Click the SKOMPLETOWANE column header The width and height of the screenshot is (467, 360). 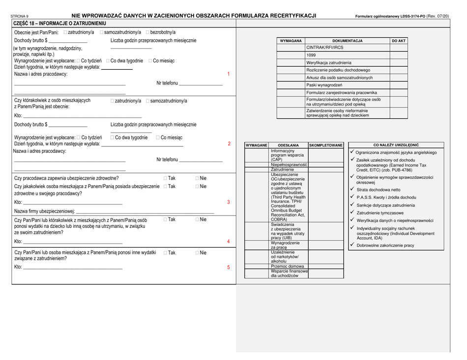coord(325,145)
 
